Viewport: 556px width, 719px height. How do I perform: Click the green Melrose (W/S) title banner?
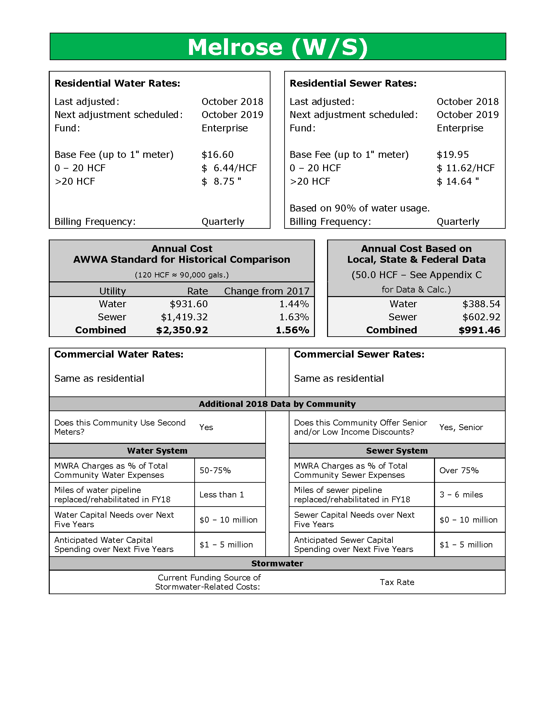278,46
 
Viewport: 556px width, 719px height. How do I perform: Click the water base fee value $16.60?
217,154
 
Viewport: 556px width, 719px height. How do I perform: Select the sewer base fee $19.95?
453,154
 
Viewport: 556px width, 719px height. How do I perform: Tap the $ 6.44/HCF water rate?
229,168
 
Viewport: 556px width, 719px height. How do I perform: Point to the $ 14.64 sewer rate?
458,181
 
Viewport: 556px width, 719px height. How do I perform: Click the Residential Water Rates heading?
117,83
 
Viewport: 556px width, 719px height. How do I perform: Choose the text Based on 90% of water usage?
359,208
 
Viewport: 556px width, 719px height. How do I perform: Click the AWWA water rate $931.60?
189,304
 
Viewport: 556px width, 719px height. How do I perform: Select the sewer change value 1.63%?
294,317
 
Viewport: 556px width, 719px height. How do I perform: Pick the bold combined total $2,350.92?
182,330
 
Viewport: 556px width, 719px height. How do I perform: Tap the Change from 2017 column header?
267,291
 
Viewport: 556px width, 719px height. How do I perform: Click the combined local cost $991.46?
479,330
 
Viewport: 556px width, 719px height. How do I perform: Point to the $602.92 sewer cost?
481,317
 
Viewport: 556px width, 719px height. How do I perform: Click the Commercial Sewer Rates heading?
359,354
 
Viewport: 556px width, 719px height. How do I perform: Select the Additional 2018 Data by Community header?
277,404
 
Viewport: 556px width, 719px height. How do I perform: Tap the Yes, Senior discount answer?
461,427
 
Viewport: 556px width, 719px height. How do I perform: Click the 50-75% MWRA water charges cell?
215,470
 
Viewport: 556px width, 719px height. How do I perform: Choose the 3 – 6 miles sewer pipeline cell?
461,494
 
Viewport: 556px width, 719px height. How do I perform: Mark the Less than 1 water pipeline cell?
222,494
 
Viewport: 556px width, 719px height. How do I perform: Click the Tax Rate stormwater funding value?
397,582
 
